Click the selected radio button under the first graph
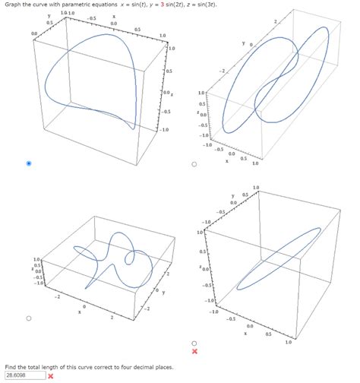[29, 163]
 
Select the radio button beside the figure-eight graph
[194, 163]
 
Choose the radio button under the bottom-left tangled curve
[29, 318]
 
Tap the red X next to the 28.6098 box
[51, 375]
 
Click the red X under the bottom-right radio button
[195, 352]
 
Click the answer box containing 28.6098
[23, 375]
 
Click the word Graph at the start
[14, 5]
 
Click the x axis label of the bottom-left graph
[79, 311]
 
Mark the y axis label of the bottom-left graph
[163, 293]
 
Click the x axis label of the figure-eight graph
[226, 160]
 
